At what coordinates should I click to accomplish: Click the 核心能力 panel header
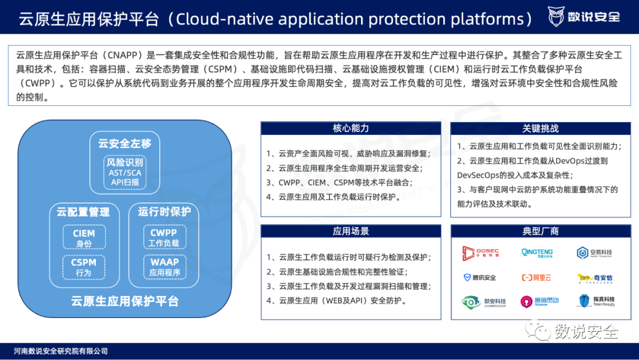point(350,128)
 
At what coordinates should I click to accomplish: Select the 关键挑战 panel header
point(540,128)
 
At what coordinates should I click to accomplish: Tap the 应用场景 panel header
point(350,231)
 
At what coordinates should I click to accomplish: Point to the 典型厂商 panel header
point(540,231)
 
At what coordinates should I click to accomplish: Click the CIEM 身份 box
point(83,238)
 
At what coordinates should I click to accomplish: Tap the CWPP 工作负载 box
point(164,238)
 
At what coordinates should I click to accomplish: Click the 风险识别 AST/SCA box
point(125,172)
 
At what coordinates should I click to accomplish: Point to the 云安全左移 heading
point(125,143)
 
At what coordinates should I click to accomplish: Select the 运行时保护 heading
point(164,212)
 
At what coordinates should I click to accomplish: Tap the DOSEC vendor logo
point(480,253)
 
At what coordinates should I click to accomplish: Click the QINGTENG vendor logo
point(537,253)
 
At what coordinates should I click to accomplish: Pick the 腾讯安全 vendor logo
point(480,277)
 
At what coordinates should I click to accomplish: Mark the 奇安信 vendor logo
point(595,278)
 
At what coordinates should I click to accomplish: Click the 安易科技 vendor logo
point(595,253)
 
